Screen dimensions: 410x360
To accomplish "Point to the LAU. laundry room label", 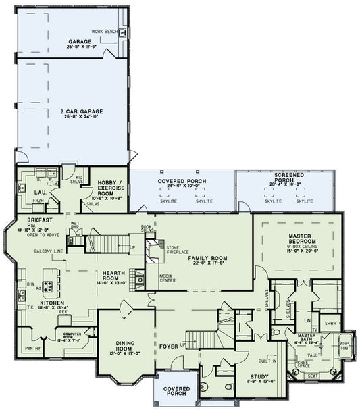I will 31,193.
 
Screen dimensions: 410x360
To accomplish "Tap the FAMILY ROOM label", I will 207,258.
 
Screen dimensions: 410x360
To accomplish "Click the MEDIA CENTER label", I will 168,278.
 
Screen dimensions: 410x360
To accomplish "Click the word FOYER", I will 168,347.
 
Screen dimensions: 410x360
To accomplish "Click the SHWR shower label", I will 330,323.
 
